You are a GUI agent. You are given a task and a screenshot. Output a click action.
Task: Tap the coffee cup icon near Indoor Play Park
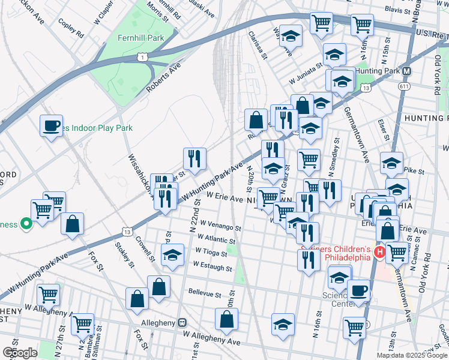click(51, 126)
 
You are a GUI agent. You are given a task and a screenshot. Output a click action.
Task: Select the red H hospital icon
click(379, 253)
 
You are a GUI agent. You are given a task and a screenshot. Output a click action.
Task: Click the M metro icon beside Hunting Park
click(407, 71)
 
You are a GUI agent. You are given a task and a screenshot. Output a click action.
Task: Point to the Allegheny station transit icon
click(183, 322)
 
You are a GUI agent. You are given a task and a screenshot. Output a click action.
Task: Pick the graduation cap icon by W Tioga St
click(173, 255)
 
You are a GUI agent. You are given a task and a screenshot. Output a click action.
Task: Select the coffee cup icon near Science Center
click(358, 291)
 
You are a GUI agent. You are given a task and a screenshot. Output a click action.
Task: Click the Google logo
click(20, 353)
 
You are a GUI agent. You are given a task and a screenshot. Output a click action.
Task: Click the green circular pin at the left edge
click(26, 224)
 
